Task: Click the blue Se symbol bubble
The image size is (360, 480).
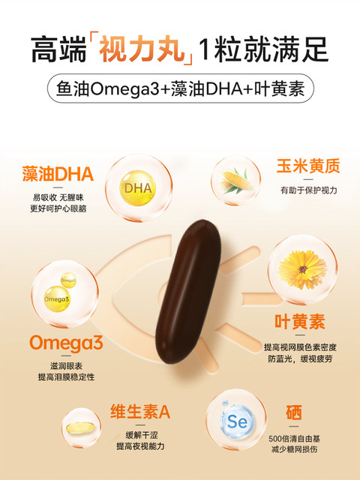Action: [x=235, y=421]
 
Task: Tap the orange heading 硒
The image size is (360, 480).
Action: [x=294, y=412]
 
